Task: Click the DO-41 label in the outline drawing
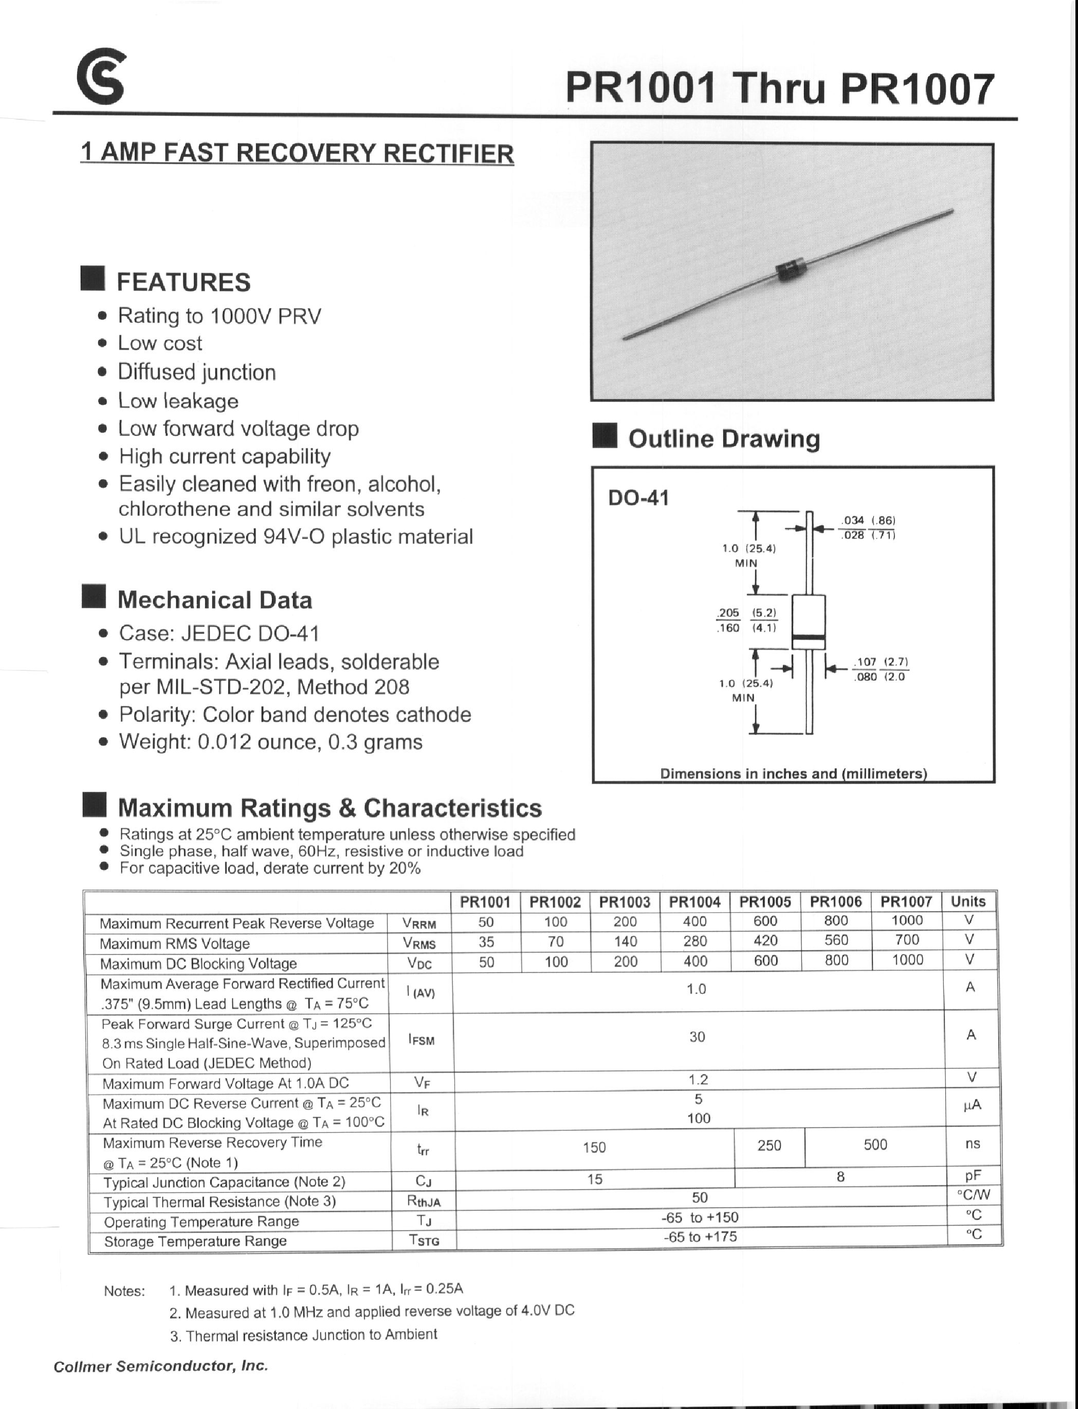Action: click(638, 498)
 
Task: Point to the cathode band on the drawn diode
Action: click(808, 638)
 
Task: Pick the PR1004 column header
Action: click(695, 902)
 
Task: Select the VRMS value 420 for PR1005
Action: click(765, 941)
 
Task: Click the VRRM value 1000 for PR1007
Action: click(907, 920)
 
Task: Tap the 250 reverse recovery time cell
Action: click(769, 1145)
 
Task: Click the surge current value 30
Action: click(697, 1036)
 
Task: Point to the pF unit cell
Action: click(972, 1176)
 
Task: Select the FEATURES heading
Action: click(184, 282)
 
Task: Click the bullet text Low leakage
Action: click(178, 401)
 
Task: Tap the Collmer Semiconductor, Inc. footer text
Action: click(160, 1366)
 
